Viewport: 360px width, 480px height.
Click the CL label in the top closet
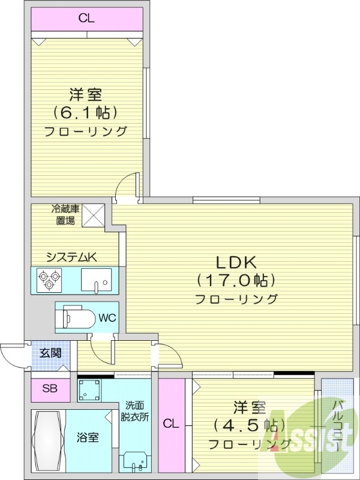click(86, 18)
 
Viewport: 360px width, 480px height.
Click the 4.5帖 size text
click(247, 425)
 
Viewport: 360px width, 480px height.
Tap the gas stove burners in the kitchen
click(47, 280)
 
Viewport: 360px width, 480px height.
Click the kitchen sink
click(95, 280)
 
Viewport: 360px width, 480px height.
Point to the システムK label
click(71, 257)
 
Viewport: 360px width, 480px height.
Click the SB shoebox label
click(49, 389)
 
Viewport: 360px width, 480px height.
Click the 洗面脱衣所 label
click(136, 410)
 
